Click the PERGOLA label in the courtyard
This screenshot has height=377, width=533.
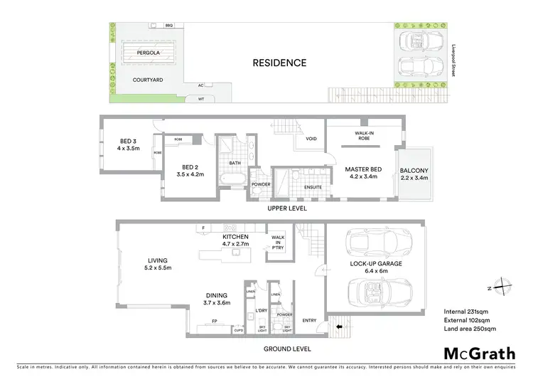point(148,53)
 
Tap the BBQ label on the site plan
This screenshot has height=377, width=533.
point(168,26)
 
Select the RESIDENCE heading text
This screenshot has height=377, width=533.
point(280,63)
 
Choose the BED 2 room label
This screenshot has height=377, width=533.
point(189,169)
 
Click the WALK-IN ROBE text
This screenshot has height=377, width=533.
point(363,135)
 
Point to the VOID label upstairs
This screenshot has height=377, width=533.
point(311,139)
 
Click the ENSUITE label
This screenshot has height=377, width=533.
point(313,187)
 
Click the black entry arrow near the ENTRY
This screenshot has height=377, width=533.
point(339,328)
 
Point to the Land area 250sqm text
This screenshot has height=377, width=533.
point(470,329)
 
